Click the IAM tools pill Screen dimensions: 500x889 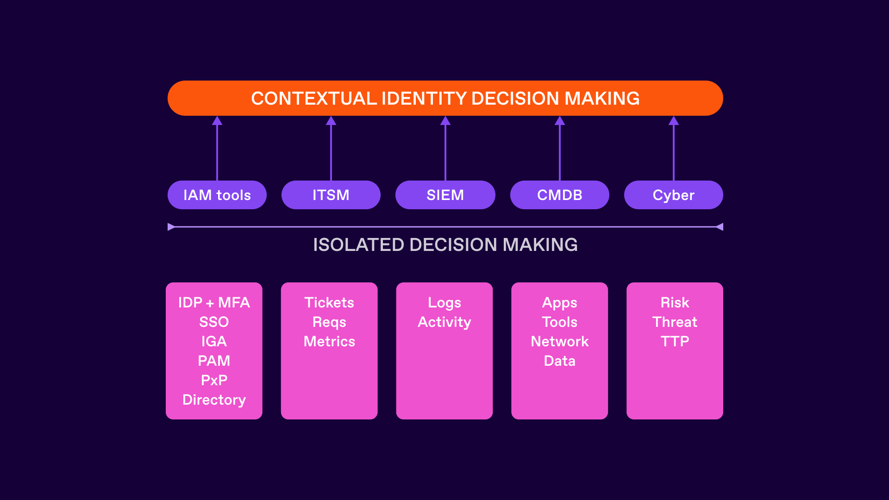(x=217, y=195)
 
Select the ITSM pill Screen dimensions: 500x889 (x=331, y=195)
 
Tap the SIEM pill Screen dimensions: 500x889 (x=445, y=195)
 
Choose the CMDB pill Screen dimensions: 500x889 (x=559, y=195)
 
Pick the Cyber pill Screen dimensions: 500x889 (x=673, y=195)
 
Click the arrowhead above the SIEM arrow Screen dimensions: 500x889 (x=445, y=121)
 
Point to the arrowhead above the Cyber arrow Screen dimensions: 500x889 (x=674, y=121)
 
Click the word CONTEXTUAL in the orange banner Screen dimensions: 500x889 (x=314, y=99)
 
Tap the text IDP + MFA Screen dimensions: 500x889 (x=214, y=302)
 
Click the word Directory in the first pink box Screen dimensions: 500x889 (x=214, y=400)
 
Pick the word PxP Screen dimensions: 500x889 (x=214, y=380)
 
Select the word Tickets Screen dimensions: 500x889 (x=329, y=302)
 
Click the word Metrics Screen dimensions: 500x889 (x=329, y=341)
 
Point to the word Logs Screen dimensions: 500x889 (x=444, y=302)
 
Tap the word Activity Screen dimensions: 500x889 (x=444, y=322)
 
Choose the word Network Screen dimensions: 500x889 (x=559, y=341)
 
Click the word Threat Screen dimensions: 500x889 (x=675, y=322)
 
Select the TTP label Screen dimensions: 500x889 (x=675, y=341)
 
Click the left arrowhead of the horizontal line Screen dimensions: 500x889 (x=171, y=227)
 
